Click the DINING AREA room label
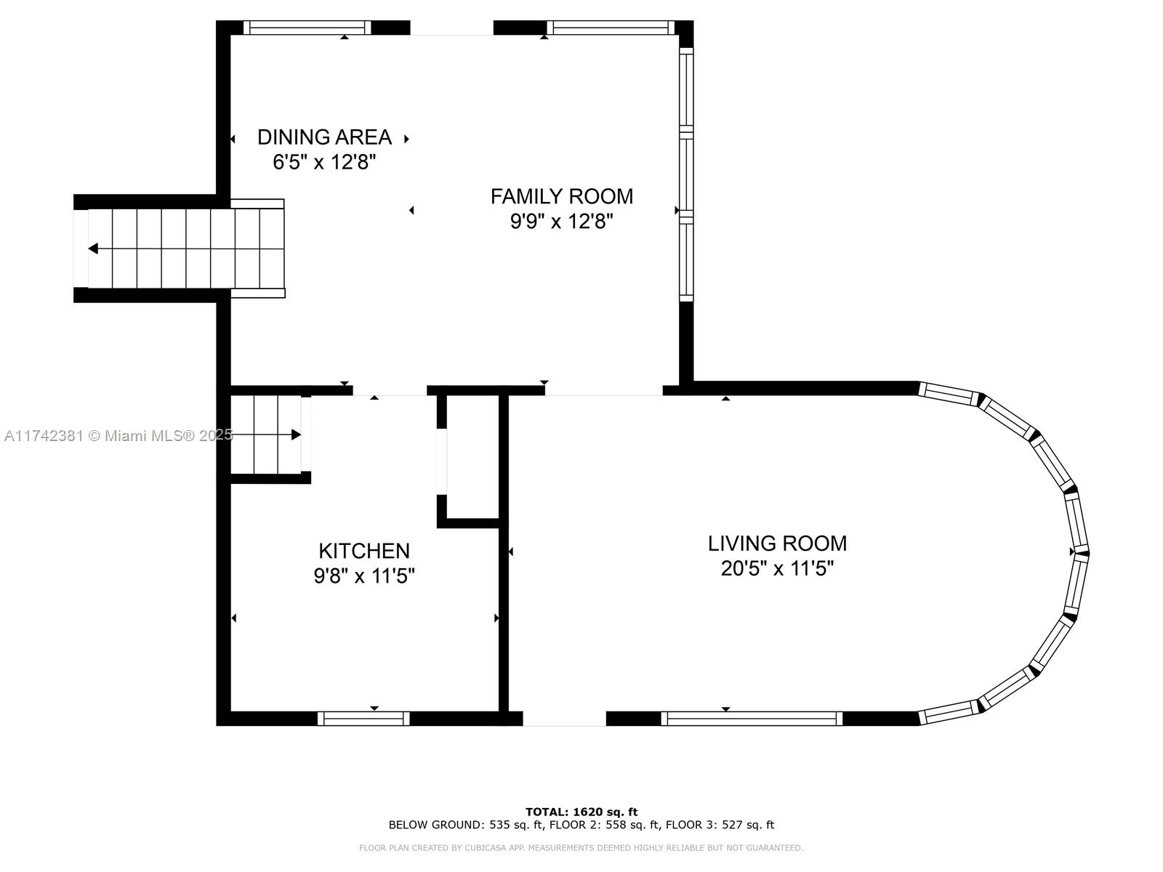tap(324, 137)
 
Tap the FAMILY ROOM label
tap(562, 196)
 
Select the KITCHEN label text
tap(364, 551)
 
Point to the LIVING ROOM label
tap(777, 544)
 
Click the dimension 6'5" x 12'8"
tap(324, 161)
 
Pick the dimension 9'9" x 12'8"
tap(562, 221)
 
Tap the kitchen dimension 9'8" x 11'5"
tap(364, 576)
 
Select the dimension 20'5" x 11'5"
tap(777, 569)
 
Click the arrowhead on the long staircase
tap(93, 249)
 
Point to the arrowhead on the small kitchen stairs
tap(296, 435)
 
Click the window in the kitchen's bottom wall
tap(363, 719)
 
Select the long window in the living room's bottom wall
tap(752, 719)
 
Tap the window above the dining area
tap(307, 28)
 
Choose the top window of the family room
tap(611, 28)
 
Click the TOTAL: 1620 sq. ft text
tap(581, 812)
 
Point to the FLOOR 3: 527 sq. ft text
tap(720, 825)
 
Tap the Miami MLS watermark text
tap(118, 436)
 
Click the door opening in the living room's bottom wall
tap(564, 719)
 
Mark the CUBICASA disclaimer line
tap(581, 847)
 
